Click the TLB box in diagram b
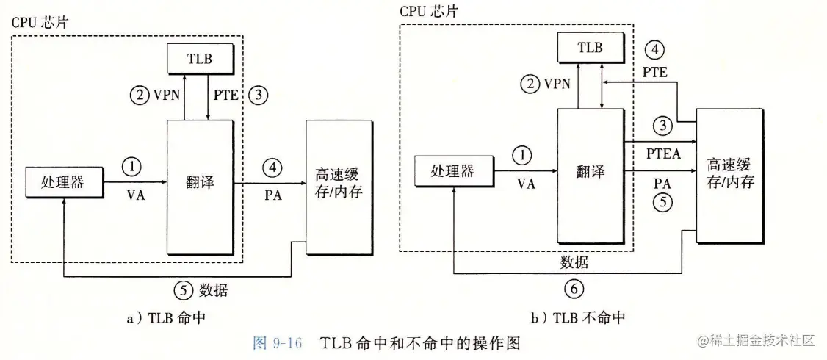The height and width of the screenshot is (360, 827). [x=589, y=48]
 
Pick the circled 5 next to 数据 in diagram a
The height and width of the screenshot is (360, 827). [x=181, y=289]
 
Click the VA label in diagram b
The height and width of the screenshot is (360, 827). [x=526, y=184]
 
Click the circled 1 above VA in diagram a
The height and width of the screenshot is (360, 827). [x=131, y=167]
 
